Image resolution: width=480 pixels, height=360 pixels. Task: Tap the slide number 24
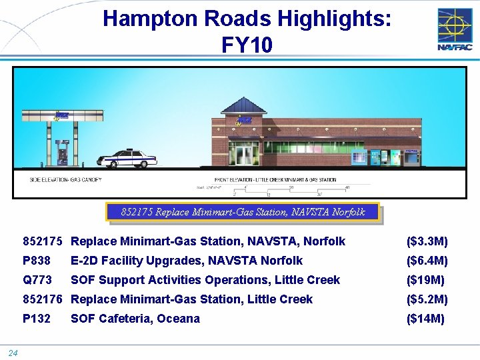coord(13,353)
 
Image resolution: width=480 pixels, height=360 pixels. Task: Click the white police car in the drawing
coord(127,159)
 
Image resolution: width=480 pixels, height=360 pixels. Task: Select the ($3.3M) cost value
coord(427,241)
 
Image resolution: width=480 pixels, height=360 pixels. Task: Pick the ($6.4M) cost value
coord(427,261)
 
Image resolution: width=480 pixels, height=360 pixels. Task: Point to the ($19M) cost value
coord(425,280)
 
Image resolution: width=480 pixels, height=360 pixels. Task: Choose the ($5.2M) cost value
coord(427,299)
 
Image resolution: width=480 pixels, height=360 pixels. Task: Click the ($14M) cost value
coord(425,319)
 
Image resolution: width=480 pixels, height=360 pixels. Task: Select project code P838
coord(37,261)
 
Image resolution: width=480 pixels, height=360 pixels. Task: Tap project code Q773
coord(37,280)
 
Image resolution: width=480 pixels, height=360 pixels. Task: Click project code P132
coord(37,319)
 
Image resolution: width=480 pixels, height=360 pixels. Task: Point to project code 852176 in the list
coord(43,299)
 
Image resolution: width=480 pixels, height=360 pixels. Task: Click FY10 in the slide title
coord(247,45)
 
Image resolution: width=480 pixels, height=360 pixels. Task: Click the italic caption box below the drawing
coord(243,212)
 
